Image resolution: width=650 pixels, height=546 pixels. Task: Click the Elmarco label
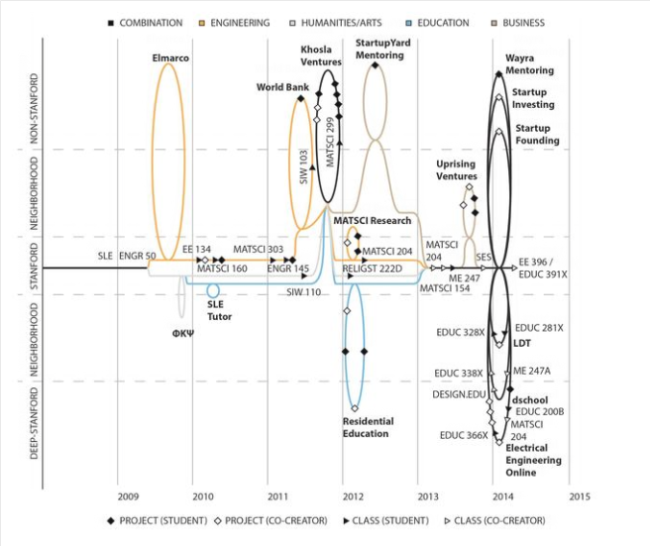tap(170, 58)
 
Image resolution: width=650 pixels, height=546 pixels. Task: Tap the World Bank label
tap(282, 87)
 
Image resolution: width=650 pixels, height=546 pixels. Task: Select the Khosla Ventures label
tap(323, 55)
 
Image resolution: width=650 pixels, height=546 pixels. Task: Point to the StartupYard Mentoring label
tap(379, 50)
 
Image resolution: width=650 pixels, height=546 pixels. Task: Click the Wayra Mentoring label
tap(529, 65)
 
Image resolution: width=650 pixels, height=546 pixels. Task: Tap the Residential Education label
tap(368, 427)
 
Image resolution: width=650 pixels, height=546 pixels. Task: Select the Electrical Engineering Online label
tap(533, 461)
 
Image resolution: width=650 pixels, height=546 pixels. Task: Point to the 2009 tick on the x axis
tap(127, 496)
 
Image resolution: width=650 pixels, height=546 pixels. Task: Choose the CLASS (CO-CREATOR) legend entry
tap(498, 520)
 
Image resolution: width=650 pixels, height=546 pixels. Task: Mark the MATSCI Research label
tap(372, 221)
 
